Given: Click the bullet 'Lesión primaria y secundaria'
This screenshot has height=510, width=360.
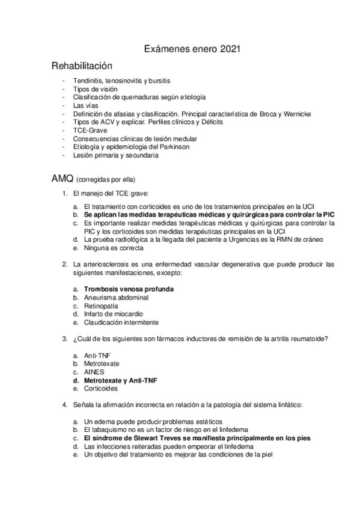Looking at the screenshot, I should coord(116,156).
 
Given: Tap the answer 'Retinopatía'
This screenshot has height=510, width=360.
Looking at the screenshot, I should coord(101,306).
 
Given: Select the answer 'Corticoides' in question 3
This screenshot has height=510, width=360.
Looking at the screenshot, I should coord(102,389).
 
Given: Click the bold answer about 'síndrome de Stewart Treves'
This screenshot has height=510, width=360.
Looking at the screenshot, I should coord(197,438).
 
